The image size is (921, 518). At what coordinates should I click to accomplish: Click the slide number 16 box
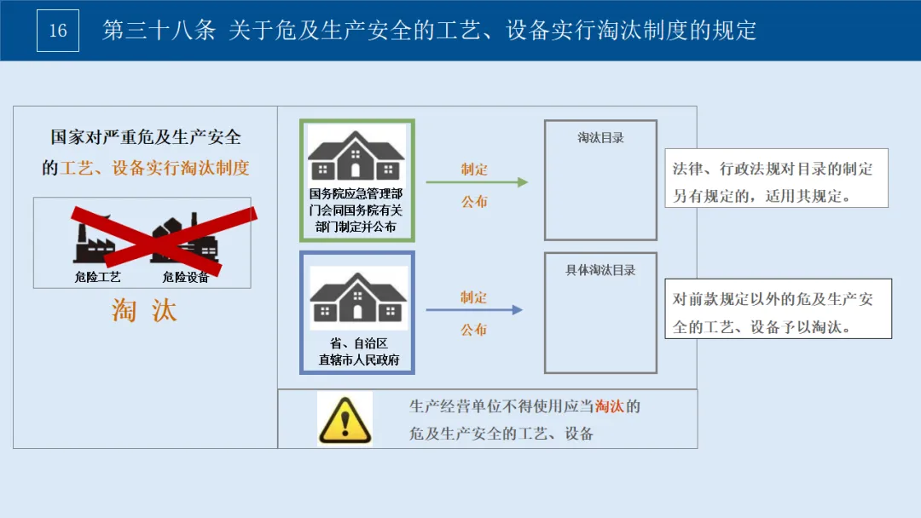click(58, 31)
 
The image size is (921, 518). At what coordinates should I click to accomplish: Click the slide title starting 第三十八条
click(429, 31)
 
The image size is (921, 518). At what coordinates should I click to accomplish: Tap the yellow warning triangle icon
click(345, 419)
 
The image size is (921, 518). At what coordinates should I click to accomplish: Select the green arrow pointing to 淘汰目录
click(477, 181)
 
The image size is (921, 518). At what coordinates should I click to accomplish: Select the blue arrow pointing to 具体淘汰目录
click(474, 310)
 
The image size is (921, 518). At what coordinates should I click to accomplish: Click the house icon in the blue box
click(357, 298)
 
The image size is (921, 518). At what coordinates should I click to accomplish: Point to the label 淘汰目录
click(600, 137)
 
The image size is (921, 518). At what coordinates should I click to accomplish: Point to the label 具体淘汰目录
click(600, 270)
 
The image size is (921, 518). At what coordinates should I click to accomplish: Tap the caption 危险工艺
click(98, 277)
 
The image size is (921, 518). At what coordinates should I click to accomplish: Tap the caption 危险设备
click(186, 277)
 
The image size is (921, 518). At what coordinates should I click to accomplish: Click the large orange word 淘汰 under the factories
click(144, 311)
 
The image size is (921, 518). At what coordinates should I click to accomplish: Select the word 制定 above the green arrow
click(474, 169)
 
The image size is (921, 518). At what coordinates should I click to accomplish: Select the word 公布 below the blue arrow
click(474, 330)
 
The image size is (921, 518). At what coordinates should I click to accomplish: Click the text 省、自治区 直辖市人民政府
click(357, 351)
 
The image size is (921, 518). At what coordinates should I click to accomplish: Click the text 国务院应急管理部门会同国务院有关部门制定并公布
click(356, 210)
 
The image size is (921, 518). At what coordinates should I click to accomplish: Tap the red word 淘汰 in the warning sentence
click(609, 406)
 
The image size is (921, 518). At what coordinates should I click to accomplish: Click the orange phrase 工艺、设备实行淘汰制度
click(155, 168)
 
